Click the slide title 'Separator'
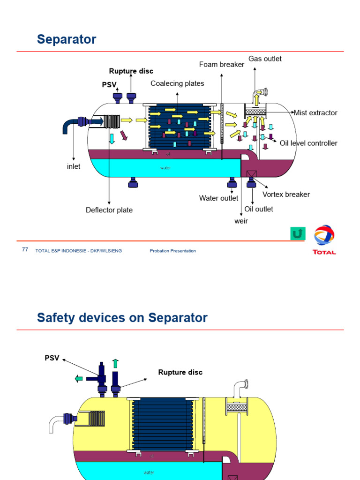[67, 40]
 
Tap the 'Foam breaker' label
[222, 64]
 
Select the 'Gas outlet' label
[265, 59]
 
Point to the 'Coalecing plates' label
[177, 83]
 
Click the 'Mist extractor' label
[315, 112]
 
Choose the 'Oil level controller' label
[308, 143]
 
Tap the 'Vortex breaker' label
[286, 194]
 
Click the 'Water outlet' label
[218, 198]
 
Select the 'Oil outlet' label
[259, 209]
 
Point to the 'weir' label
[241, 221]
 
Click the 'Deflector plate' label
[109, 210]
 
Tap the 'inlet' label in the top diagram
[74, 166]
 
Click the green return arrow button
[298, 233]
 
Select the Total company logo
[324, 240]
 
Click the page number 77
[25, 250]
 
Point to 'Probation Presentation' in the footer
[173, 251]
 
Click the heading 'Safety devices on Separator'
[122, 318]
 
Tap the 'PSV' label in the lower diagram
[52, 358]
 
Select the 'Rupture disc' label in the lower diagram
[180, 372]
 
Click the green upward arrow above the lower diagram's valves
[115, 363]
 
